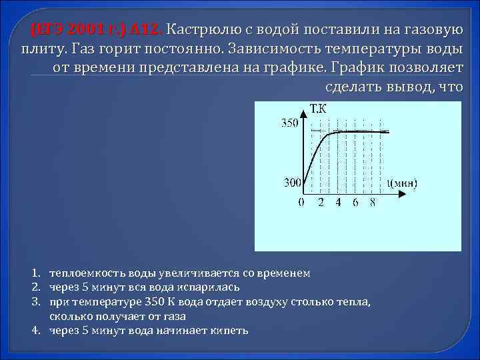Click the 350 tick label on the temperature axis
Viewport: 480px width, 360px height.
click(289, 123)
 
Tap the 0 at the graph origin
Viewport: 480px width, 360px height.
click(301, 202)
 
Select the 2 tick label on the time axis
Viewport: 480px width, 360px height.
click(320, 202)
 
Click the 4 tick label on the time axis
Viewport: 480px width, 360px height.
click(337, 202)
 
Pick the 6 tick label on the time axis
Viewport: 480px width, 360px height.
click(355, 202)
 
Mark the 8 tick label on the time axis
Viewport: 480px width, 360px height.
click(373, 202)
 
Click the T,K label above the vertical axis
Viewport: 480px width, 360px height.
click(318, 109)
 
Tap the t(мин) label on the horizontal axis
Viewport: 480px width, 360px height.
click(402, 181)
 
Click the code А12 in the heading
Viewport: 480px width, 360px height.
click(144, 30)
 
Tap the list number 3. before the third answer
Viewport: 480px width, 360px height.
click(37, 302)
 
